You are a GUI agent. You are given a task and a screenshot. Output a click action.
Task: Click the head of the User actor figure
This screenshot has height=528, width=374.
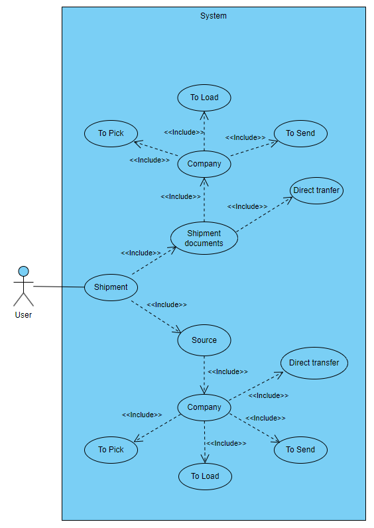[24, 271]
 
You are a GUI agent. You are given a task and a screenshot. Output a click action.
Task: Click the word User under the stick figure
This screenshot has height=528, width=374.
[23, 315]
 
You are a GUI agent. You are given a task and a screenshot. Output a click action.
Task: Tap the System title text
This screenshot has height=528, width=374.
[213, 16]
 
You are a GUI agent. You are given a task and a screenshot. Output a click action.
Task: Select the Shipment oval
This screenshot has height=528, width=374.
[111, 287]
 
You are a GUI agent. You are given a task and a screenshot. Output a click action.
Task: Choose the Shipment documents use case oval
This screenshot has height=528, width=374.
[204, 238]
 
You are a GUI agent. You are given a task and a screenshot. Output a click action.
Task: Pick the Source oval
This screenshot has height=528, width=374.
[204, 340]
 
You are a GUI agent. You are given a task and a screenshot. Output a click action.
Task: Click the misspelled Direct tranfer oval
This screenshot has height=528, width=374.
[317, 190]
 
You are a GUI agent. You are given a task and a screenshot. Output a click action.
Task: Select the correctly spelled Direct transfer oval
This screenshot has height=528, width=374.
[314, 363]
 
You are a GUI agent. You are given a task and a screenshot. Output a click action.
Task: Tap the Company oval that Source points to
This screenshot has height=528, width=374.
[204, 407]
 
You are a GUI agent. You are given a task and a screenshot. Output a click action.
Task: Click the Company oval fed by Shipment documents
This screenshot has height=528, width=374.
[204, 164]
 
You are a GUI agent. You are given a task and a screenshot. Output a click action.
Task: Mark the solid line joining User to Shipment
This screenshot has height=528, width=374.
[58, 287]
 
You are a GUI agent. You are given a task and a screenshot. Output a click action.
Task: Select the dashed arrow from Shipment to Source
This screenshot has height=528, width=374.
[156, 316]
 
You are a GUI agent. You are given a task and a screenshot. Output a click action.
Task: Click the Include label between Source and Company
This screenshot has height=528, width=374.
[227, 372]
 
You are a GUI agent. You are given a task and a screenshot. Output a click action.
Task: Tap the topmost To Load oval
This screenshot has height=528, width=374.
[204, 98]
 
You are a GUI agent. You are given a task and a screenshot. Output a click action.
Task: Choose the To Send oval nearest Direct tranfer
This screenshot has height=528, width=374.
[300, 133]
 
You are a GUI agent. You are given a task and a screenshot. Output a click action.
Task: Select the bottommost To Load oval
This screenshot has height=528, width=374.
[205, 476]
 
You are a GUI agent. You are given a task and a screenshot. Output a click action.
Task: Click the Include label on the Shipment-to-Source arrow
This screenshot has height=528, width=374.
[166, 305]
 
